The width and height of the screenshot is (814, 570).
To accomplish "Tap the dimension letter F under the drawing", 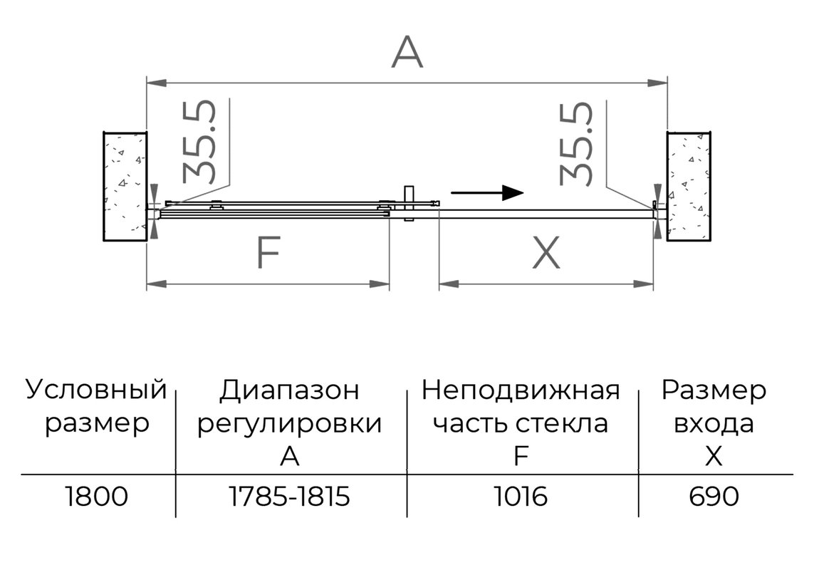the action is tap(269, 252).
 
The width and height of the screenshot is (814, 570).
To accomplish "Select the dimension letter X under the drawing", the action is tap(547, 252).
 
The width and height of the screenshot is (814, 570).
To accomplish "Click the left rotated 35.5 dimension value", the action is tap(199, 142).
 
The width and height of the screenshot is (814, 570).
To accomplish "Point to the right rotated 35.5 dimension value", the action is tap(575, 144).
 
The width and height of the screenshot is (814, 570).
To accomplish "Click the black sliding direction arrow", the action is tap(487, 193).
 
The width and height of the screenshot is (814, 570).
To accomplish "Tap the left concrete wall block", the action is tap(125, 187).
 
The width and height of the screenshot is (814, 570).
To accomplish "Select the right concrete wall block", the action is tap(689, 187).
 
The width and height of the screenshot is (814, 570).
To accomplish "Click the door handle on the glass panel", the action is tap(409, 204).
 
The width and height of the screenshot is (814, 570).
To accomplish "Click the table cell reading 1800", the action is tap(97, 497).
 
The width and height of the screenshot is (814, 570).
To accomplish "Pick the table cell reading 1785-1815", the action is tap(290, 497).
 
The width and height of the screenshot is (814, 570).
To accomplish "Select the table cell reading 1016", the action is tap(521, 497).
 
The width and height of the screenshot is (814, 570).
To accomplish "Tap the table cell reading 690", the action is tap(714, 497).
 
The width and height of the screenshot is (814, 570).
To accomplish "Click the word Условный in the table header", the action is tap(97, 390).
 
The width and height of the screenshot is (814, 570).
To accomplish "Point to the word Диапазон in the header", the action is tap(289, 390).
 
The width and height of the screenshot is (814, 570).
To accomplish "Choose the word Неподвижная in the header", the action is tap(521, 390).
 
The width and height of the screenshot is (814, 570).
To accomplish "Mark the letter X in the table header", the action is tap(714, 456).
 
